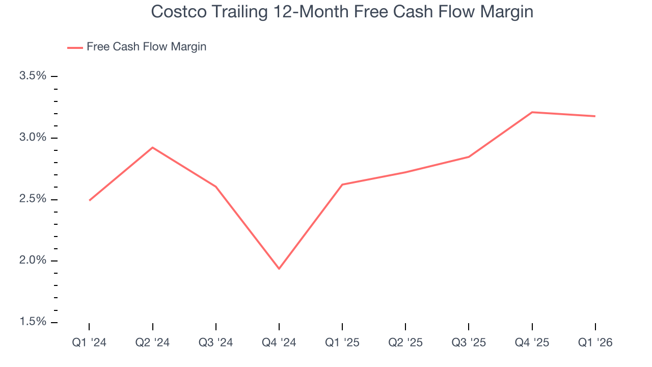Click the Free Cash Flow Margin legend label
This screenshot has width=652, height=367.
pos(146,47)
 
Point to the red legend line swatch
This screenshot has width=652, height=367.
pos(75,47)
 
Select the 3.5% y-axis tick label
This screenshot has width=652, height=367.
pos(33,76)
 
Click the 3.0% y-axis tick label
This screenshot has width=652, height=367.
pos(33,138)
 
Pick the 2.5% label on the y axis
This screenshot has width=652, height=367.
pos(33,199)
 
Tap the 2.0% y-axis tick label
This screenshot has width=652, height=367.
pos(33,260)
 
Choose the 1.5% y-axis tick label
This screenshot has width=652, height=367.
pos(33,322)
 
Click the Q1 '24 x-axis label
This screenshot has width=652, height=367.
pos(89,343)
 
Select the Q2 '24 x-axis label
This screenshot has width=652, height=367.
pos(152,343)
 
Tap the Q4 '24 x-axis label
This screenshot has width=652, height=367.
pos(279,343)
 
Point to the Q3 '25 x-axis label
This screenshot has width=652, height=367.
pos(469,343)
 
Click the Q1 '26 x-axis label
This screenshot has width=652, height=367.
pos(595,343)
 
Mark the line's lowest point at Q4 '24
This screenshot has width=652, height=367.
pos(279,269)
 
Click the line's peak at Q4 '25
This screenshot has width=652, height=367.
pos(532,112)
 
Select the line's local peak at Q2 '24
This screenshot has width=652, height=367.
pos(152,147)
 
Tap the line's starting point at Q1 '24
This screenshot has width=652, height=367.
pos(89,200)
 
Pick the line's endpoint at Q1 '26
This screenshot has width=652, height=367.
pos(595,116)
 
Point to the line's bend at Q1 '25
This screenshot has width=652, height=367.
pos(342,185)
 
